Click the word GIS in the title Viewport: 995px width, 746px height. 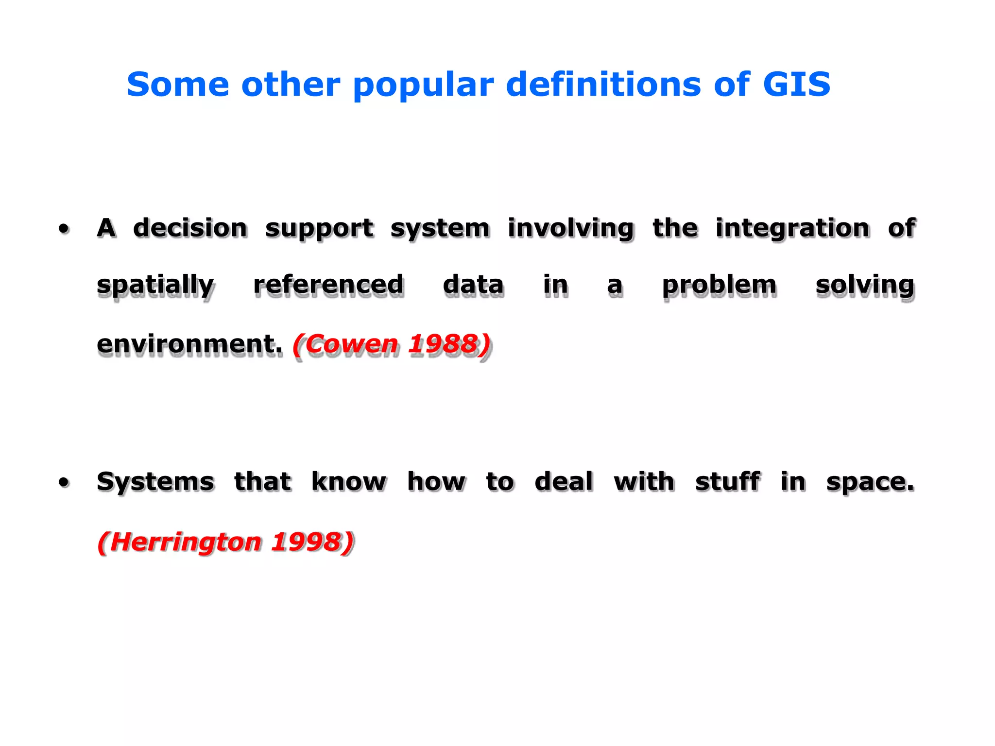(x=796, y=85)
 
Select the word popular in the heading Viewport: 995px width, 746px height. (x=423, y=85)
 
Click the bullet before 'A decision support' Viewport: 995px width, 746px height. (x=64, y=228)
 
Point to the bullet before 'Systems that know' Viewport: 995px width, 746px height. (x=64, y=482)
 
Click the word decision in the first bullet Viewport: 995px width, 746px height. (x=190, y=228)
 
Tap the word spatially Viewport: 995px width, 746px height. (x=155, y=286)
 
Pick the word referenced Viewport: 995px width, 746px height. (x=328, y=285)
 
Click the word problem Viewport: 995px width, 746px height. (x=720, y=286)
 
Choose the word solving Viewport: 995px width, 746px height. (x=865, y=286)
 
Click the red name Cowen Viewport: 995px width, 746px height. (x=351, y=344)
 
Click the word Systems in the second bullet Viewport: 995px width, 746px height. (x=155, y=482)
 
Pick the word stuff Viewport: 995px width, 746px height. (x=727, y=482)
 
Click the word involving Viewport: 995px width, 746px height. (x=571, y=229)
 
